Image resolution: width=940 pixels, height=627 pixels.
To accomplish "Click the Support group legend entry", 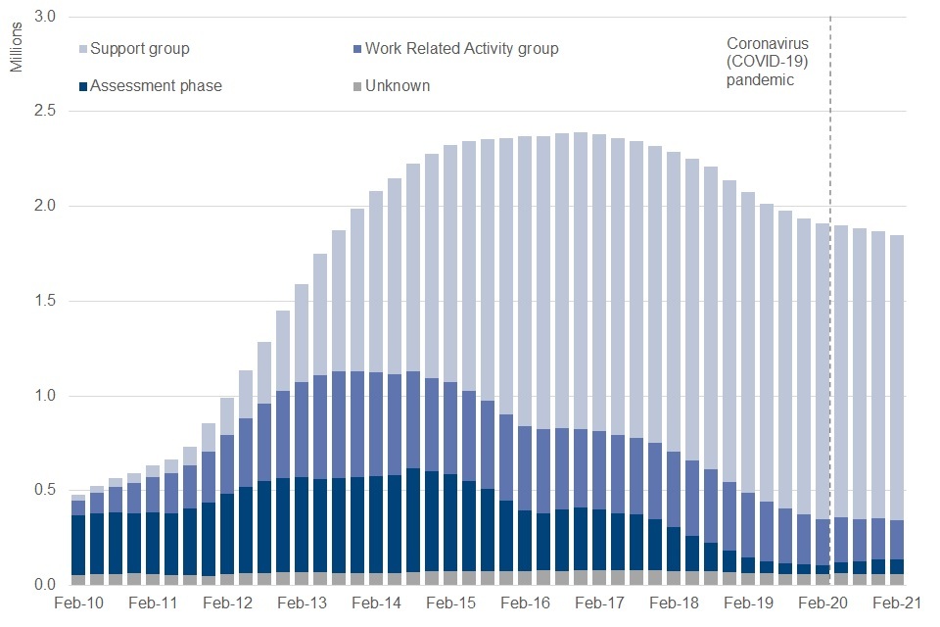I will (140, 48).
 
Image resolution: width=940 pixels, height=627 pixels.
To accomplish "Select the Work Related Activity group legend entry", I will (461, 48).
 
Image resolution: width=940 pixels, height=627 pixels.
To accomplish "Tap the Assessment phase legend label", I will (156, 85).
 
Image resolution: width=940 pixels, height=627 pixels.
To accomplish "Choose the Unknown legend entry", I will (397, 85).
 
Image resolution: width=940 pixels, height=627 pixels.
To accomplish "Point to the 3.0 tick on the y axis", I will (45, 18).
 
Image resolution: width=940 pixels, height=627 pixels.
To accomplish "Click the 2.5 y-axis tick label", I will (45, 112).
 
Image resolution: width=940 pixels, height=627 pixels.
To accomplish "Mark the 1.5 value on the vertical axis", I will (45, 301).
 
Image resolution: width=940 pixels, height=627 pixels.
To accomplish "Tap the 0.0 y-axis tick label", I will (45, 585).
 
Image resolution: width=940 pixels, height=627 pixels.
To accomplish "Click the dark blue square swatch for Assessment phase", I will (84, 86).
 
